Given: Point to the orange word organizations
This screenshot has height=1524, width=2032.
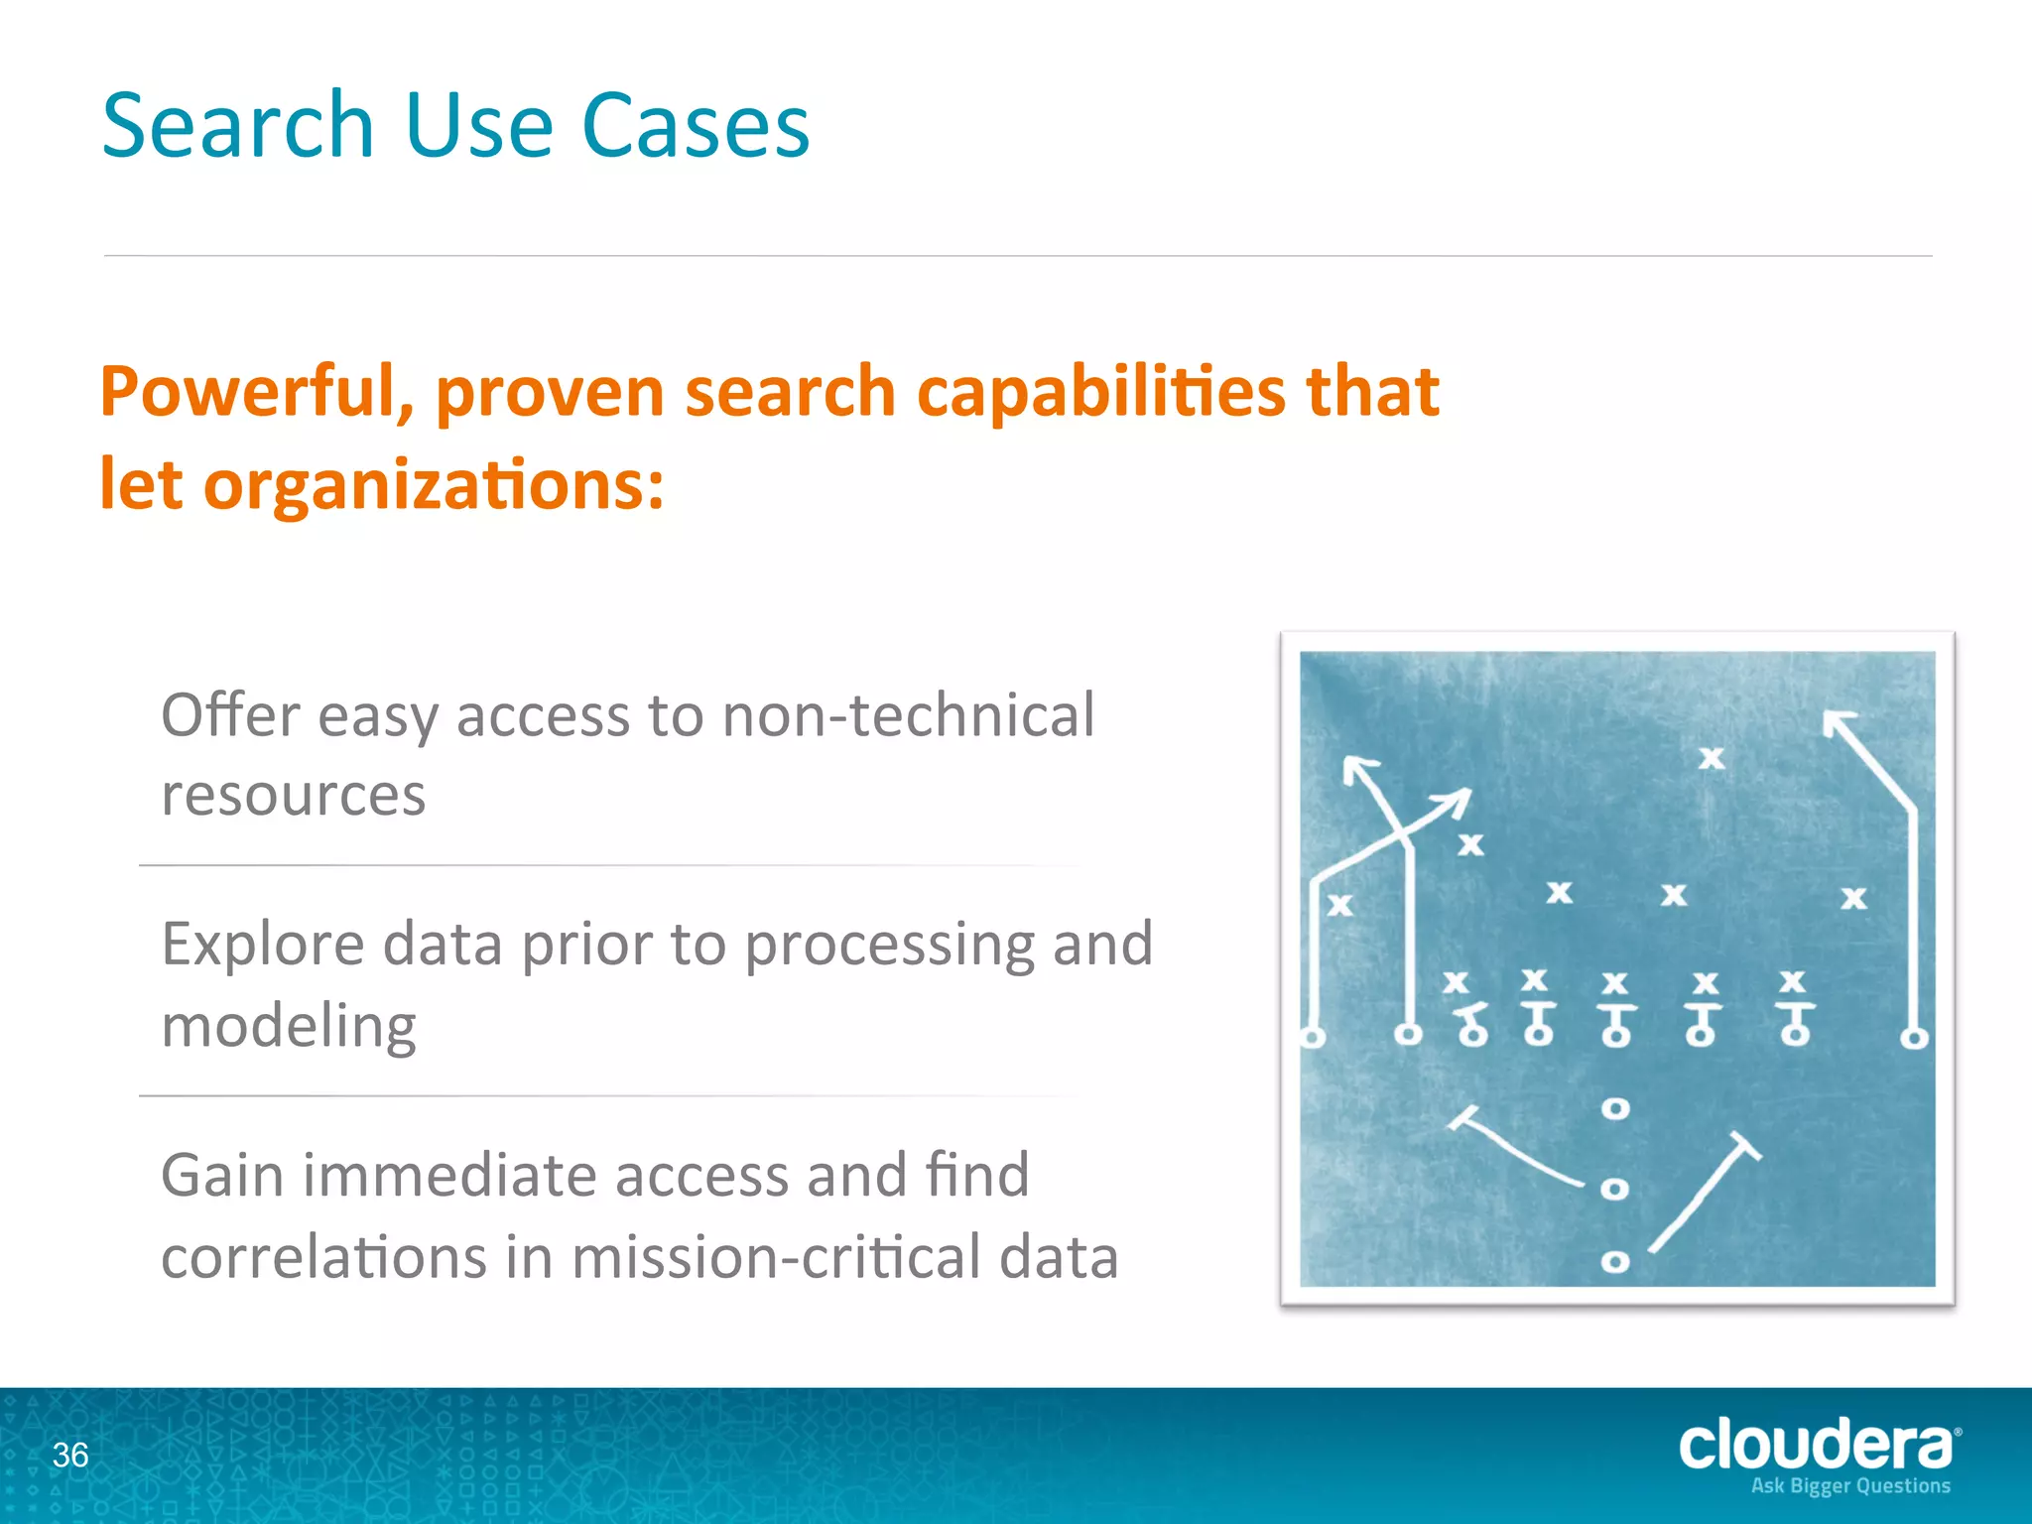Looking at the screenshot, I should click(x=433, y=485).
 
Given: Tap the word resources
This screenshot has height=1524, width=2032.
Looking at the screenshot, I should click(x=294, y=795).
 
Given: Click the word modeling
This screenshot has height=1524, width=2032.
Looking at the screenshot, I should click(x=289, y=1026).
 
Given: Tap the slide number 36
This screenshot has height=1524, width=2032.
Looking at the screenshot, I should click(x=70, y=1455).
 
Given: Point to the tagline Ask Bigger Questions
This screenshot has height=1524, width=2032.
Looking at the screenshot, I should click(x=1850, y=1486).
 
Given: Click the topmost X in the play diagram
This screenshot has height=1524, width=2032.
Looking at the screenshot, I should click(x=1712, y=758).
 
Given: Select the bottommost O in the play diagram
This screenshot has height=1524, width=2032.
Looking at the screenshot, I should click(x=1615, y=1262).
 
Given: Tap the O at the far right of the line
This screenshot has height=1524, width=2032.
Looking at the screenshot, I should click(x=1914, y=1039).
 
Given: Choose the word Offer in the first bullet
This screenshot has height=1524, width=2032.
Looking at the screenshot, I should click(x=229, y=714).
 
